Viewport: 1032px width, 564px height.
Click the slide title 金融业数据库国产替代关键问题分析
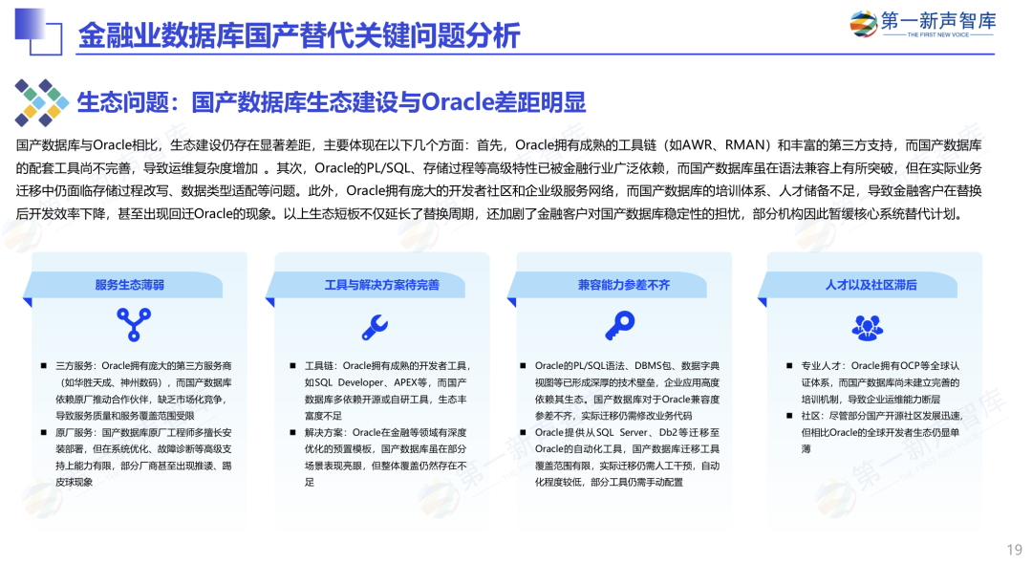click(298, 35)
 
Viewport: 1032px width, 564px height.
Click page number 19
click(1014, 549)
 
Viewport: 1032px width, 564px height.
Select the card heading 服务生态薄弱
click(129, 285)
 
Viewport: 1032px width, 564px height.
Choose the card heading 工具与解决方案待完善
click(381, 285)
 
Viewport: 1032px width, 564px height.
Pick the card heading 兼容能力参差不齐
click(624, 285)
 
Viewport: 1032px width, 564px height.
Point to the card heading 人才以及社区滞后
click(871, 285)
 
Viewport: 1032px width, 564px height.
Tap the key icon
click(619, 326)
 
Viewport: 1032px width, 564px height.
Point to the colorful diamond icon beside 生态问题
click(39, 102)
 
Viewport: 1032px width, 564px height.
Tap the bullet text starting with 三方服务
click(139, 390)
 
